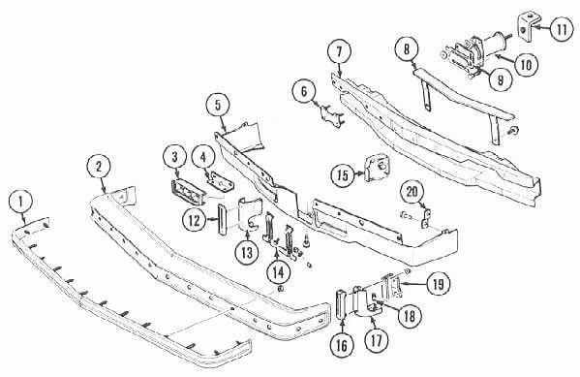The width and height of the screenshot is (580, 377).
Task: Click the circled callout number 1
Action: pyautogui.click(x=20, y=203)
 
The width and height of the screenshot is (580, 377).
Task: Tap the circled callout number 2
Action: pyautogui.click(x=99, y=167)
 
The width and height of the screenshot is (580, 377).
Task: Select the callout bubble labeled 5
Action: pyautogui.click(x=218, y=106)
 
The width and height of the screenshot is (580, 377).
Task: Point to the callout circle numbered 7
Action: pyautogui.click(x=339, y=52)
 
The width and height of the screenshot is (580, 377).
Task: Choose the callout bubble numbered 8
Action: pyautogui.click(x=407, y=49)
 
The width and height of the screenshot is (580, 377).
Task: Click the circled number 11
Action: pyautogui.click(x=562, y=29)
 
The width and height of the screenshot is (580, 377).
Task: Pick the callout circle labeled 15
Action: pyautogui.click(x=343, y=174)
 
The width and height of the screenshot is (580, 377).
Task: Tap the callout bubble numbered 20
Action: pyautogui.click(x=412, y=192)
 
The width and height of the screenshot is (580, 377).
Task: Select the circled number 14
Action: pyautogui.click(x=279, y=272)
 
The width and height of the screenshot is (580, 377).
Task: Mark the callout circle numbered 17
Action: pyautogui.click(x=377, y=340)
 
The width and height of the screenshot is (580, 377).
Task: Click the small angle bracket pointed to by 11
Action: pyautogui.click(x=526, y=27)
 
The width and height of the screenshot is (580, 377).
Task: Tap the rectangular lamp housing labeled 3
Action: pyautogui.click(x=188, y=192)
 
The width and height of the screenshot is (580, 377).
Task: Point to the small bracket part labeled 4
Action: pyautogui.click(x=221, y=181)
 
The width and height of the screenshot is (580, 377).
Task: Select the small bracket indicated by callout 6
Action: pyautogui.click(x=332, y=116)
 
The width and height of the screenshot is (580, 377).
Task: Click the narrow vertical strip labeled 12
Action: pyautogui.click(x=222, y=220)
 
